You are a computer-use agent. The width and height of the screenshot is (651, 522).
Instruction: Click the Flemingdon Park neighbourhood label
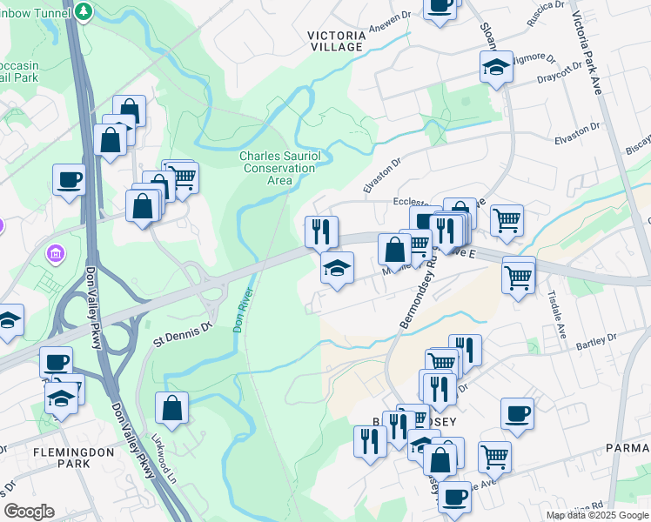[x=62, y=458]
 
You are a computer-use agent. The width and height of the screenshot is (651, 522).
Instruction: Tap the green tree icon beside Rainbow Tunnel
[x=84, y=11]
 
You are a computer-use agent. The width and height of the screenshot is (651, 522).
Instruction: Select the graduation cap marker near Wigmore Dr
[x=495, y=66]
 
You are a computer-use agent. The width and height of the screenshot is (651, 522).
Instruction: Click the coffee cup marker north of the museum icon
[x=69, y=180]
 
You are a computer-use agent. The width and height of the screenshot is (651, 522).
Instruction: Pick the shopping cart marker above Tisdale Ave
[x=518, y=278]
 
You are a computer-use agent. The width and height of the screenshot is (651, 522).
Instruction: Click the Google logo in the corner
[x=29, y=512]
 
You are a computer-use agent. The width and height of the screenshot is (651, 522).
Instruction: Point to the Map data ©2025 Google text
[x=597, y=515]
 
